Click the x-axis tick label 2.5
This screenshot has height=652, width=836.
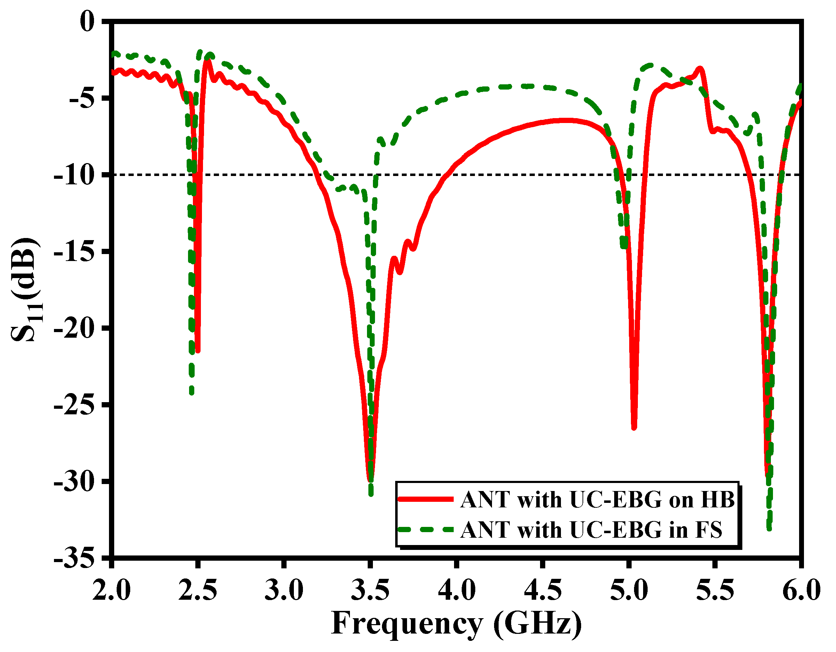coord(197,590)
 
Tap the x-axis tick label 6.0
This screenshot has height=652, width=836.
coord(801,590)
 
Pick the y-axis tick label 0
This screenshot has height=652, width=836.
coord(87,22)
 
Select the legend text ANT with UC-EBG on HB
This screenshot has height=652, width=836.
coord(598,500)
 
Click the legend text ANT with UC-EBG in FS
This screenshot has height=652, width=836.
coord(592,530)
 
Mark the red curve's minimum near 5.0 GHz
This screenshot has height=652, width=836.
coord(634,428)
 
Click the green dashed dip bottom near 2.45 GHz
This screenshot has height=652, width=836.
coord(192,393)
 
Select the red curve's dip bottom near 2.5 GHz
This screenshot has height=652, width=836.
coord(197,351)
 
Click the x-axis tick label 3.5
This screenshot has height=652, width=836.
coord(370,590)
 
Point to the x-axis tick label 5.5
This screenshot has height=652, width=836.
coord(715,590)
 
